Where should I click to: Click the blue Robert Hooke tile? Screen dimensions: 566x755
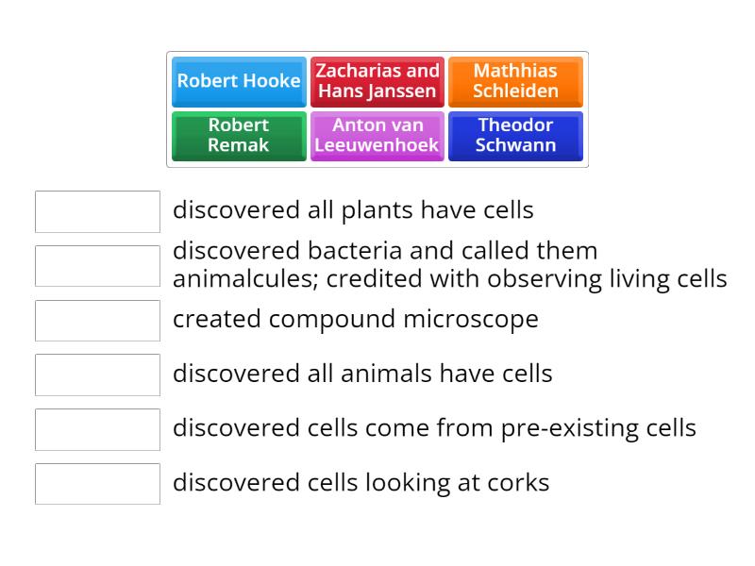[239, 81]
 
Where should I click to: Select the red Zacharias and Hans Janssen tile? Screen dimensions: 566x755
[377, 81]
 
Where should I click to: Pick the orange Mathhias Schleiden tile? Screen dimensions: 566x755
[515, 81]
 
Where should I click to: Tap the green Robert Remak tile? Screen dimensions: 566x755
[239, 136]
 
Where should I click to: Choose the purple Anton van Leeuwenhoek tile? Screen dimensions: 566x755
[377, 136]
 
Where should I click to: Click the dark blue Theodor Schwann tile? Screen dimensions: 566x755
[515, 136]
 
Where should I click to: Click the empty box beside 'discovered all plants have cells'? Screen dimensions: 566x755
[97, 211]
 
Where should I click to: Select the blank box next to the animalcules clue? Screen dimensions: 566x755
[97, 266]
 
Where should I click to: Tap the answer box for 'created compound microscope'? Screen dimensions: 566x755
[97, 321]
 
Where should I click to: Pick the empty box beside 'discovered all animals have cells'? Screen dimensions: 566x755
[97, 375]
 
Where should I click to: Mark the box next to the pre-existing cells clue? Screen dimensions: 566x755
[97, 429]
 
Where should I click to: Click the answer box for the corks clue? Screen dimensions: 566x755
[97, 484]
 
